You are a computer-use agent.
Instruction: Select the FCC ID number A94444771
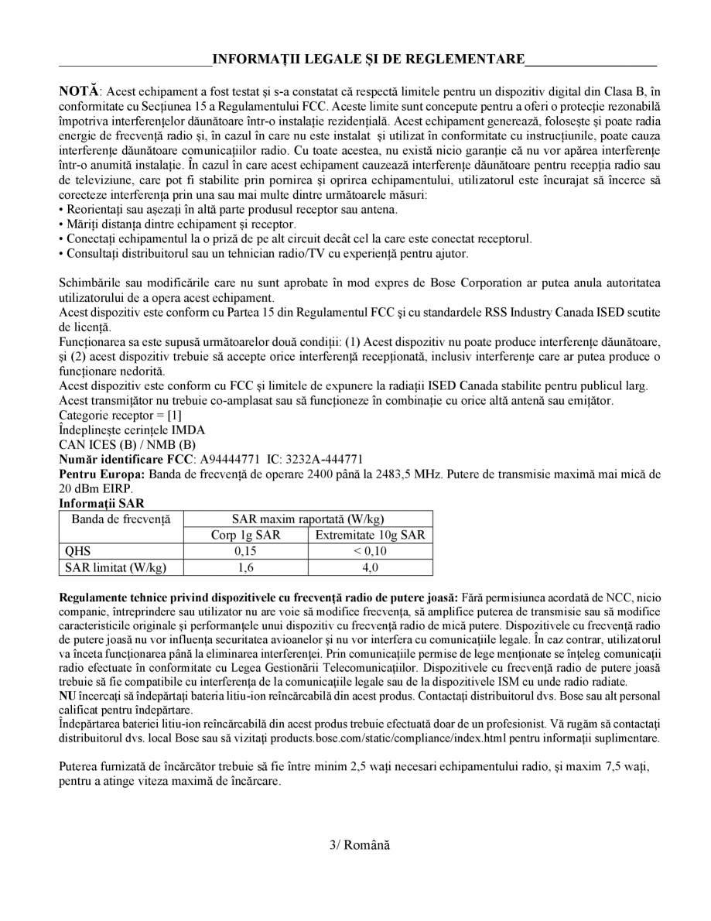click(x=231, y=459)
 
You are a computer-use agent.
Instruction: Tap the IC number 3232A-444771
click(x=325, y=459)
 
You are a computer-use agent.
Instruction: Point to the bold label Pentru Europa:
click(x=102, y=473)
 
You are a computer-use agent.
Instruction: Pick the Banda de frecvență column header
click(x=121, y=518)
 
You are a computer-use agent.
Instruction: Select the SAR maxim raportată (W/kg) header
click(x=308, y=518)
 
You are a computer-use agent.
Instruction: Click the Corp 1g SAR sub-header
click(x=245, y=535)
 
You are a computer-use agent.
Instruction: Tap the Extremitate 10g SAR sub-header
click(x=371, y=535)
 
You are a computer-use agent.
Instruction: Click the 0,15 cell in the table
click(x=245, y=551)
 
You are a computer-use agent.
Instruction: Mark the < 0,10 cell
click(x=371, y=551)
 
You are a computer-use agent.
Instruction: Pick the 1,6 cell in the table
click(x=245, y=567)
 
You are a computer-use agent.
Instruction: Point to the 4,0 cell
click(x=371, y=567)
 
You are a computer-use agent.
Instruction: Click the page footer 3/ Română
click(x=356, y=844)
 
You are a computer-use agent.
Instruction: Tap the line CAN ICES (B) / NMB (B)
click(x=128, y=445)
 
